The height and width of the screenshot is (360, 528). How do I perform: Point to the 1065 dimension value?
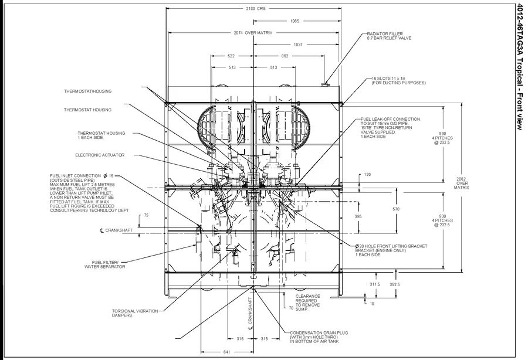pos(295,21)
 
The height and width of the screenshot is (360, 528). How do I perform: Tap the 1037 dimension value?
pos(298,45)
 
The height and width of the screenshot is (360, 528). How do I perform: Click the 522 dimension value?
pos(232,56)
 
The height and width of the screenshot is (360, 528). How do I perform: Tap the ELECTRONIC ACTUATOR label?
pos(100,155)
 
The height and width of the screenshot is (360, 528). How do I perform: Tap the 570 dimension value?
pos(396,209)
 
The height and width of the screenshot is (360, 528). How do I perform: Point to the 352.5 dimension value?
pos(394,284)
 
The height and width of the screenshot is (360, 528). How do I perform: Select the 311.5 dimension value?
pos(375,284)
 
